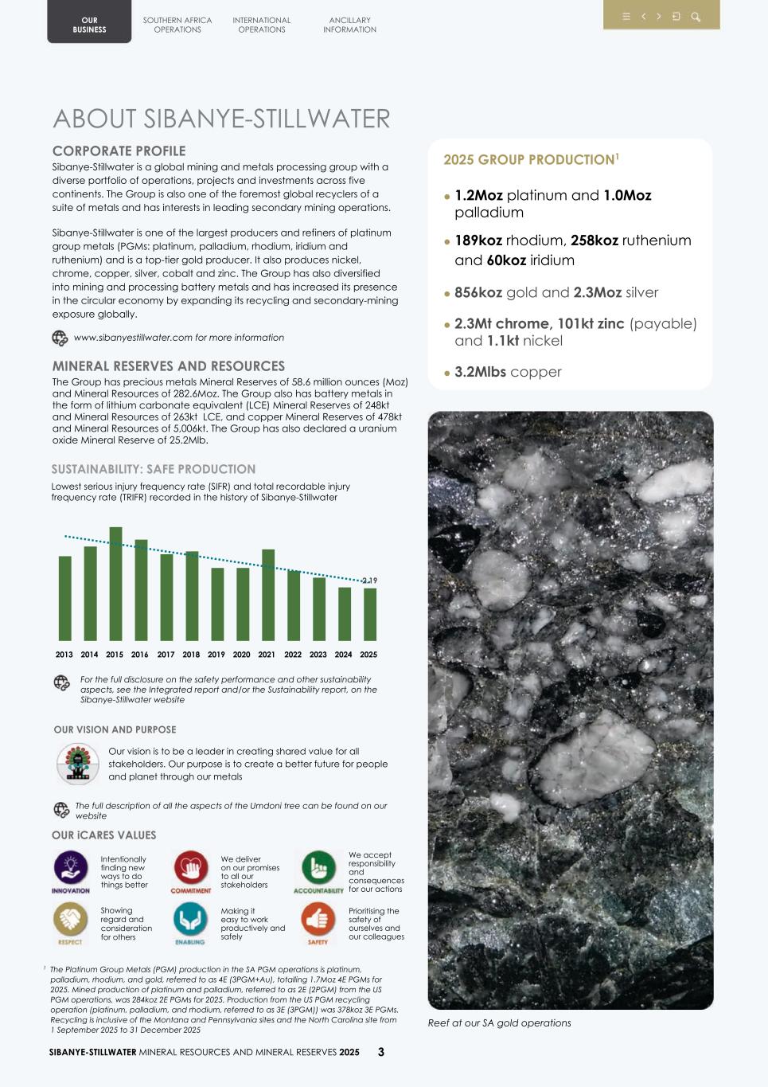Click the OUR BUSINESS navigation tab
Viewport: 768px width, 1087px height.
point(89,25)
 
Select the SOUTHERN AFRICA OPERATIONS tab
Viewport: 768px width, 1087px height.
point(177,25)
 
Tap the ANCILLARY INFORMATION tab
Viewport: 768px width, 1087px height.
point(349,25)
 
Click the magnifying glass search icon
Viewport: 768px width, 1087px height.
point(696,17)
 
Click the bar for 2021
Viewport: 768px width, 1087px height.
point(268,595)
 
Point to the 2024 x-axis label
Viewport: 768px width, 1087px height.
point(343,655)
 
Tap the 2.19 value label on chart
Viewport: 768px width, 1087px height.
point(369,581)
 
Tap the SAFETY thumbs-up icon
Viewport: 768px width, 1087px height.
point(318,920)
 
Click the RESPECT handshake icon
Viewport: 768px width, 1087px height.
point(70,920)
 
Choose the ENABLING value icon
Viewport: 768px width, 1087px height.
point(190,920)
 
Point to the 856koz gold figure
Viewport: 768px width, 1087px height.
point(478,292)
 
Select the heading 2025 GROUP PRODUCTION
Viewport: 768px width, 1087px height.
point(528,159)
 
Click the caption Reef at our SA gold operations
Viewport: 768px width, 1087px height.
point(499,1023)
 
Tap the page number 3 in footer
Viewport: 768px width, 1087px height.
point(380,1052)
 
